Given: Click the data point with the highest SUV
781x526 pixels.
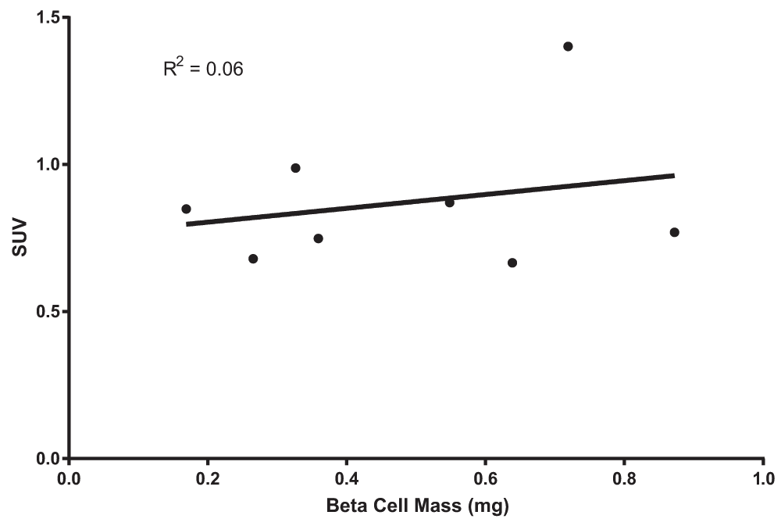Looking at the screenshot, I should click(x=568, y=46).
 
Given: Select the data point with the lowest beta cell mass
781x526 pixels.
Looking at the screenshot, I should click(x=186, y=209).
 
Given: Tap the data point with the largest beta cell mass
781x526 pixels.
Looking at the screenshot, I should click(x=674, y=232).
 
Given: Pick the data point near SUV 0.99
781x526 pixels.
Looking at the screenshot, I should click(x=295, y=168).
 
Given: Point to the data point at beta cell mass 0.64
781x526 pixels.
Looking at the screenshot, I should click(x=512, y=263).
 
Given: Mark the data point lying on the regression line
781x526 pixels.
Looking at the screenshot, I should click(x=450, y=202).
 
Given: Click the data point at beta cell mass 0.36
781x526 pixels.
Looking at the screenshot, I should click(x=318, y=238).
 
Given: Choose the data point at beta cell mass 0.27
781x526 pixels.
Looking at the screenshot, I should click(x=253, y=259).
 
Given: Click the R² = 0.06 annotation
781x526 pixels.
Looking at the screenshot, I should click(x=203, y=69).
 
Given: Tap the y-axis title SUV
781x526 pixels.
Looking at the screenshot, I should click(x=17, y=238).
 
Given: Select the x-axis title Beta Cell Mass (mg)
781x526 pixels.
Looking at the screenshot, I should click(x=417, y=507).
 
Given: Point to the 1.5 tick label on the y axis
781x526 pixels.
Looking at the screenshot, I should click(x=48, y=17).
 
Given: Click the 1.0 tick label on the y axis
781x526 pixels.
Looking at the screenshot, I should click(x=48, y=165).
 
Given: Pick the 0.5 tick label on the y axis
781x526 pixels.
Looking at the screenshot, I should click(x=48, y=312).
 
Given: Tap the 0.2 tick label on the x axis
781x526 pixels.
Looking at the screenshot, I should click(x=208, y=478).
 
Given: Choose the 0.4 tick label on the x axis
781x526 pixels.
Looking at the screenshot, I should click(x=347, y=478).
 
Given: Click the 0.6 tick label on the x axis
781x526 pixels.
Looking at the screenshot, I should click(x=485, y=478).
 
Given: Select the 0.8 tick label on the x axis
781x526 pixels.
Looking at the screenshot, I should click(x=624, y=478).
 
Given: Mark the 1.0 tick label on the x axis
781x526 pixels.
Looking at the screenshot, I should click(x=762, y=478).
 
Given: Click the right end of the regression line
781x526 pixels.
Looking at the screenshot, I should click(x=673, y=175).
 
